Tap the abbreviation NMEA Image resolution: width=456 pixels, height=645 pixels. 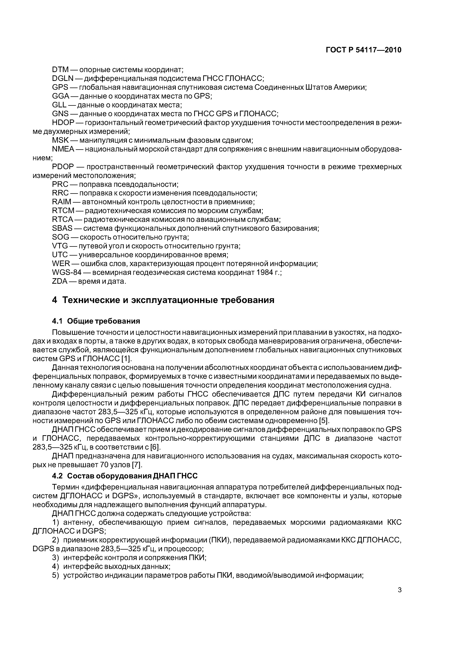(x=63, y=149)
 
